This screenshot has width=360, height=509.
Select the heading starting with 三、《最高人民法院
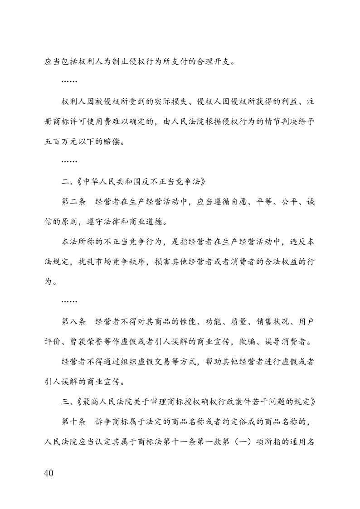[188, 402]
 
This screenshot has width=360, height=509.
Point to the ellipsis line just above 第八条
[69, 301]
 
